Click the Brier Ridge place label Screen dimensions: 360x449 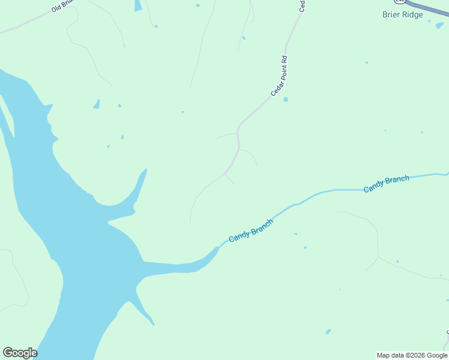click(403, 14)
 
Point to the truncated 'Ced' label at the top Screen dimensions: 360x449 click(303, 5)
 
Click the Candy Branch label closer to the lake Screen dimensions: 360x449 click(251, 230)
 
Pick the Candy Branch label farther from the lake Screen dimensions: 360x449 click(387, 184)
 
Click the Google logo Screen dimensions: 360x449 click(20, 353)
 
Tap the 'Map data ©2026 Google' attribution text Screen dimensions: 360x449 click(412, 355)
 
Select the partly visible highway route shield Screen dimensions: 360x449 click(400, 2)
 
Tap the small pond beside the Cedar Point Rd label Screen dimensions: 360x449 click(286, 100)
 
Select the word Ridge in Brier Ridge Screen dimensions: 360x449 click(412, 14)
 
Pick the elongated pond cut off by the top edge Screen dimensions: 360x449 click(138, 5)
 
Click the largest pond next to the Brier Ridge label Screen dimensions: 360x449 click(439, 25)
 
